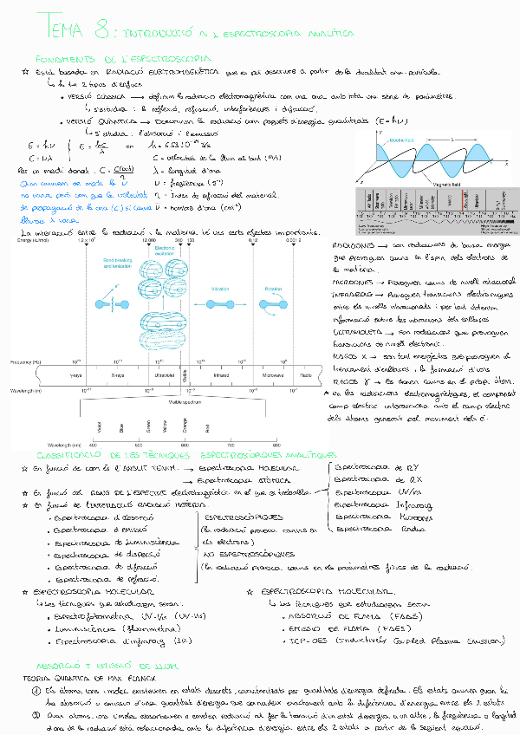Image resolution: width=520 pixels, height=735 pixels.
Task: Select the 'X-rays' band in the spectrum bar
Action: pos(118,376)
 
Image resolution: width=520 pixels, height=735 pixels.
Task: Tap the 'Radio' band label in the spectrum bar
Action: pos(306,376)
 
